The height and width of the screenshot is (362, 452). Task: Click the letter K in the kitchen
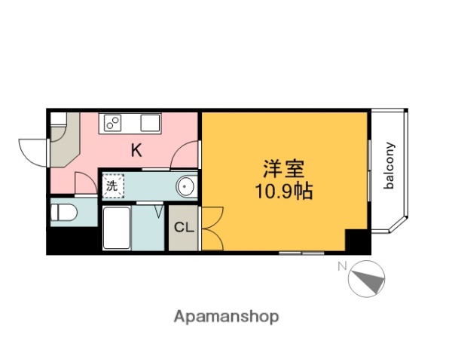[136, 150]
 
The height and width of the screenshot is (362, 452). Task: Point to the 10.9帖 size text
[283, 192]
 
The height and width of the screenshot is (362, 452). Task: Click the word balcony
[390, 166]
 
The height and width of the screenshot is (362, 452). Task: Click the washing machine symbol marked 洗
[112, 185]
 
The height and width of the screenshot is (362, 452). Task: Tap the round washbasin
[185, 186]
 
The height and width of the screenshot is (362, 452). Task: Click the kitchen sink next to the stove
[147, 121]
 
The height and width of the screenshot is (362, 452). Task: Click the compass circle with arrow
[367, 278]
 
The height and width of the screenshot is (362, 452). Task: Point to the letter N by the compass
[341, 265]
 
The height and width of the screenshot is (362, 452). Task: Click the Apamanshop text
[225, 317]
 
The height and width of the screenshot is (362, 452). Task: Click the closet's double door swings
[209, 228]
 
